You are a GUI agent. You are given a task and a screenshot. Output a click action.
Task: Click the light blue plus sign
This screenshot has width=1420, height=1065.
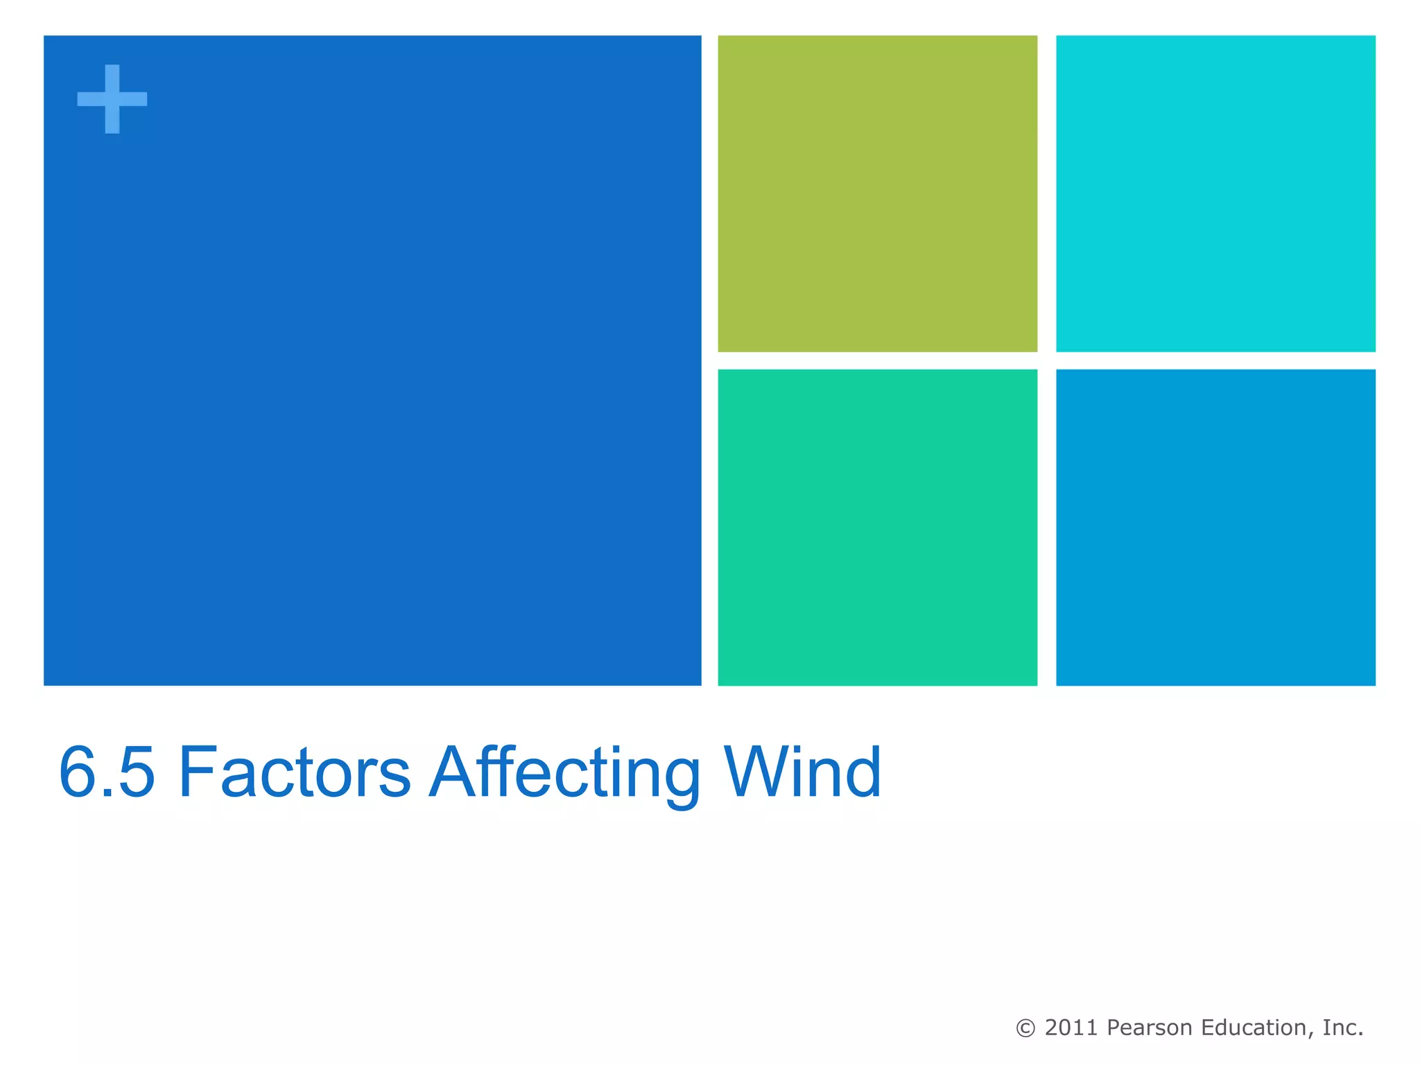coord(112,98)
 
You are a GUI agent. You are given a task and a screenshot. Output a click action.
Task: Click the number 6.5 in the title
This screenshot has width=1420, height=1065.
coord(107,772)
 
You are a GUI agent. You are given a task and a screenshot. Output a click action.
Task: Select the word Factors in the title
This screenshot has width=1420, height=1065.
coord(295,772)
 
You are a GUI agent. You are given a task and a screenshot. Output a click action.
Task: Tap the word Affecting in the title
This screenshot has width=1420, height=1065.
coord(565,772)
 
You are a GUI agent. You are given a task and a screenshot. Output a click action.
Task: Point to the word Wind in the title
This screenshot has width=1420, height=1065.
coord(802,772)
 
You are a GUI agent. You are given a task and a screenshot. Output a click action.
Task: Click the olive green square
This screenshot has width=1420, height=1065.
coord(877,193)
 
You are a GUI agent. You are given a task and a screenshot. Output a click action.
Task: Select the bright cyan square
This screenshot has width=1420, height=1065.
coord(1215,193)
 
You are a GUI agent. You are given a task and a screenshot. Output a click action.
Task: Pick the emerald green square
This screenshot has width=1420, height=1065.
coord(877,527)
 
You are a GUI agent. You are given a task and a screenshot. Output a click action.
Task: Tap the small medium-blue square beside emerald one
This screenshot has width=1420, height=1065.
coord(1215,527)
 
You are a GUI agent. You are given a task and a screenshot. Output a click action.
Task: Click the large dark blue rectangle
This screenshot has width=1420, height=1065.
coord(372,361)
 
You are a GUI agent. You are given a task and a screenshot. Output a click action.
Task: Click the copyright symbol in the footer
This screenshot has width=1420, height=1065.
coord(1025,1028)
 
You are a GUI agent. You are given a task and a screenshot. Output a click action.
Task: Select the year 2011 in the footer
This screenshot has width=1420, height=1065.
coord(1072,1028)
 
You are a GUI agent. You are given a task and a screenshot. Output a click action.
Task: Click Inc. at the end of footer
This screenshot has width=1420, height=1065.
coord(1342,1028)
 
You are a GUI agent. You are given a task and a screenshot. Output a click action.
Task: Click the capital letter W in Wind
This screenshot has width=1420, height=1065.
coord(756,771)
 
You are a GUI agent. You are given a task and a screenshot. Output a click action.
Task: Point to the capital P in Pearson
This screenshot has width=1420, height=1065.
coord(1115,1028)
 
